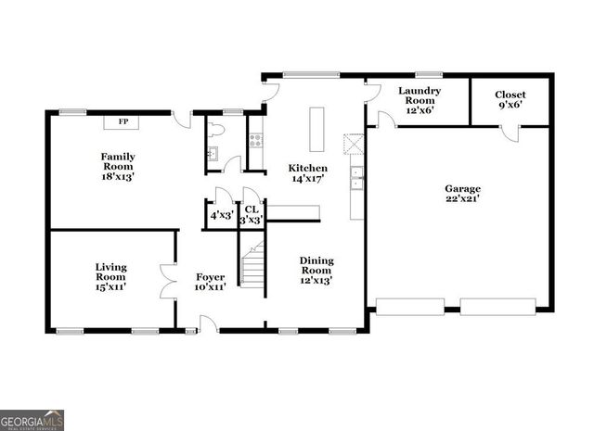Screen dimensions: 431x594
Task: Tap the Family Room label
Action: (119, 163)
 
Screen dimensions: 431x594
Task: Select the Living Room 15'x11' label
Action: (110, 276)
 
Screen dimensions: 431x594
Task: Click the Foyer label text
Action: (210, 282)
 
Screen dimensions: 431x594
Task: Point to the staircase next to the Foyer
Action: (252, 263)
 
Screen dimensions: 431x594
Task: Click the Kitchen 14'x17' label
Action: (307, 173)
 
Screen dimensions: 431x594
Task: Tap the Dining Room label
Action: (316, 269)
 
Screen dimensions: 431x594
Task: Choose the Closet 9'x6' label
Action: (510, 100)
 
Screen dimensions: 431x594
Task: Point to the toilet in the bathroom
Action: (215, 130)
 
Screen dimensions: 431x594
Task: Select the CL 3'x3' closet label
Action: (252, 215)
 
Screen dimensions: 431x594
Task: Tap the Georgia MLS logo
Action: (32, 420)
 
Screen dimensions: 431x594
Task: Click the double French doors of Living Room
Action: (168, 281)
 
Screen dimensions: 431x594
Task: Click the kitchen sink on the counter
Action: (356, 177)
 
